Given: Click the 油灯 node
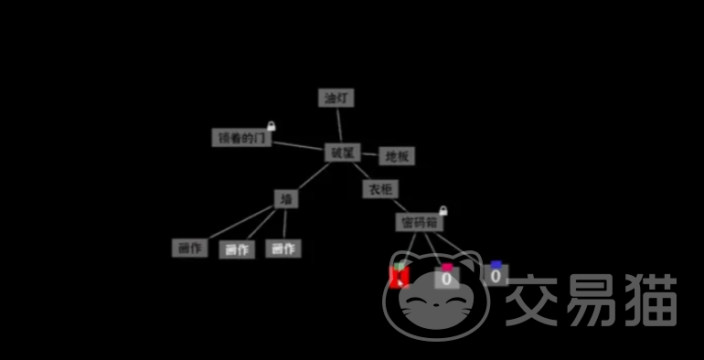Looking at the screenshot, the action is click(336, 98).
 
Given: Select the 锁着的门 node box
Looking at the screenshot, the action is click(241, 138).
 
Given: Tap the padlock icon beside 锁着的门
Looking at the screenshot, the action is click(271, 125).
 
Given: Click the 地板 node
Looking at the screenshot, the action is click(397, 156).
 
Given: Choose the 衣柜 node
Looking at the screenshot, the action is click(379, 189).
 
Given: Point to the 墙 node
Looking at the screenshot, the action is click(286, 198).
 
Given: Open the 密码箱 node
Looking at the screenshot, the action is click(420, 222).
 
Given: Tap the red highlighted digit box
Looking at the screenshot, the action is click(399, 278).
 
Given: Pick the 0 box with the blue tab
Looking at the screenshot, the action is click(496, 275).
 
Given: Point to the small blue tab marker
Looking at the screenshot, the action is click(496, 265).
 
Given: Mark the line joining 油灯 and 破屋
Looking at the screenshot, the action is click(339, 124).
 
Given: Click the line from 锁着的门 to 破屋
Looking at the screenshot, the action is click(298, 145).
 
